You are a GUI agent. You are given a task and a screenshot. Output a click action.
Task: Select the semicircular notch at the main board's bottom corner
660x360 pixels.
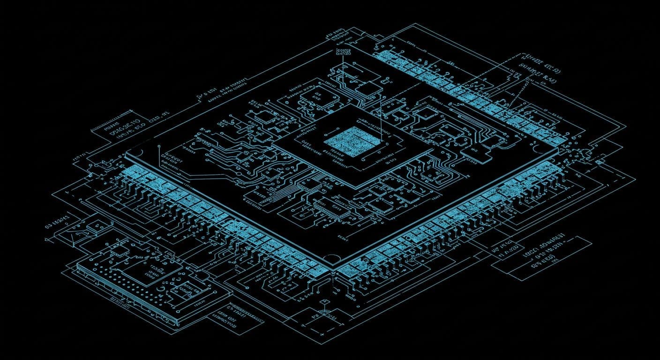pos(332,258)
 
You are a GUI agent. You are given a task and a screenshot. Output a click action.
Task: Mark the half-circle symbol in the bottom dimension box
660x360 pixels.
pos(324,313)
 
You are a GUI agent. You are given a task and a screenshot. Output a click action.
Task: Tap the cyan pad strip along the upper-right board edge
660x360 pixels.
pos(469,94)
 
